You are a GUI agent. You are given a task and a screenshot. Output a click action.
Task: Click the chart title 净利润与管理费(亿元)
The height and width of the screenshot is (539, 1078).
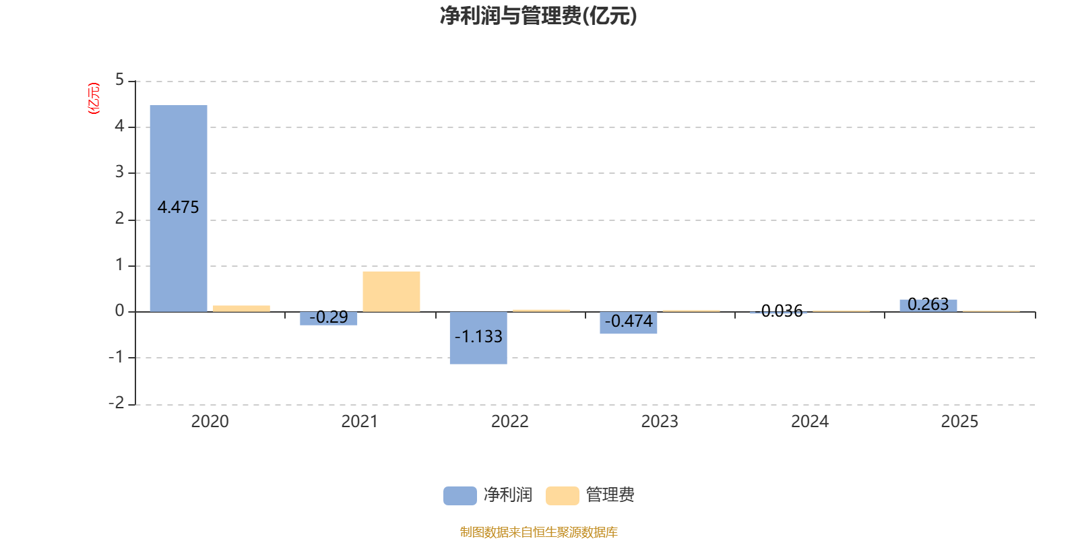[x=538, y=15]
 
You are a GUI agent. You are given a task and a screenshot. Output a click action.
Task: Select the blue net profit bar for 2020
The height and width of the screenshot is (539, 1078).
[x=179, y=208]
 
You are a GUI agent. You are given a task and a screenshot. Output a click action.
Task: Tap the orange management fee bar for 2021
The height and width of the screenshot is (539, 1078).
[x=391, y=292]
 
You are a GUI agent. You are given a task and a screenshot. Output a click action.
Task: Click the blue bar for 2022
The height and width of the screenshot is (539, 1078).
[x=478, y=338]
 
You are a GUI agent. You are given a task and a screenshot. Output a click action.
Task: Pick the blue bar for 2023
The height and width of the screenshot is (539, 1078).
[x=628, y=323]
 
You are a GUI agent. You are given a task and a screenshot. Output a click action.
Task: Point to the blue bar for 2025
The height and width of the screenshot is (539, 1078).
[x=928, y=306]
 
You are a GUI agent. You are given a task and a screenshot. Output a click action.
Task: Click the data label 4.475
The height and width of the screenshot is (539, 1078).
[x=178, y=208]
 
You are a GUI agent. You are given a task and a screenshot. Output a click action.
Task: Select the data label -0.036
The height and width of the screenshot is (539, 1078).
[x=779, y=311]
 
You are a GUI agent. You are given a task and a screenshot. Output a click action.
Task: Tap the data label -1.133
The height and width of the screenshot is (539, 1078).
[x=478, y=336]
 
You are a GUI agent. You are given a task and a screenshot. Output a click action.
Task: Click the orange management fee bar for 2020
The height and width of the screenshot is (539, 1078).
[x=241, y=309]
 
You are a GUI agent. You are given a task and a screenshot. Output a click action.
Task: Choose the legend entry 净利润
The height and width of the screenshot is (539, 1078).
[x=488, y=495]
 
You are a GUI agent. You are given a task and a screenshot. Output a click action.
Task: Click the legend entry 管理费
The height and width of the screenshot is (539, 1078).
[x=590, y=495]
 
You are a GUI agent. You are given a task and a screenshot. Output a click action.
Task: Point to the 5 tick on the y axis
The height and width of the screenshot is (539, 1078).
[x=119, y=80]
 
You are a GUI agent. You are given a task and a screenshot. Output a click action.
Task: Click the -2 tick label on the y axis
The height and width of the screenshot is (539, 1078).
[x=117, y=403]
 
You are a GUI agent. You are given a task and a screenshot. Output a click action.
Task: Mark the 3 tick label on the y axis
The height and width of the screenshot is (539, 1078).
[x=119, y=172]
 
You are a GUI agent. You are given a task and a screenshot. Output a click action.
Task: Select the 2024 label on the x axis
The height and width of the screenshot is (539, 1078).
[x=810, y=422]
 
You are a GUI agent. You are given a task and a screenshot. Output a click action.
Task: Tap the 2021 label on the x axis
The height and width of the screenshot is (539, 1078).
[x=360, y=422]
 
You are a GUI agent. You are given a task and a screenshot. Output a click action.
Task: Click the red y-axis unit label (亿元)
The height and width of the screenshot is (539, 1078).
[x=94, y=98]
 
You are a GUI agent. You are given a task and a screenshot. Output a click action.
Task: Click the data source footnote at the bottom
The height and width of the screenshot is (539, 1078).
[x=538, y=532]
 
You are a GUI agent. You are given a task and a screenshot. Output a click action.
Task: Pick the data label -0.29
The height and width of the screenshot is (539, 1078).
[x=329, y=317]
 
